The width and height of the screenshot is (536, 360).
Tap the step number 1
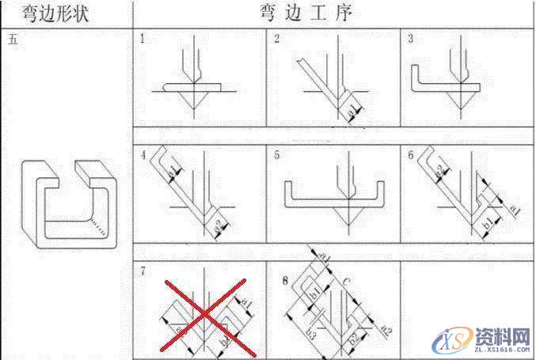point(143,39)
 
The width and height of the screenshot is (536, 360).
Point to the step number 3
point(410,39)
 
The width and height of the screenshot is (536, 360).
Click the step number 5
point(277,155)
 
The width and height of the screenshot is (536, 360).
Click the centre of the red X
point(203,315)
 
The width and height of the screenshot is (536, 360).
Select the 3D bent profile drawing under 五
point(70,210)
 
